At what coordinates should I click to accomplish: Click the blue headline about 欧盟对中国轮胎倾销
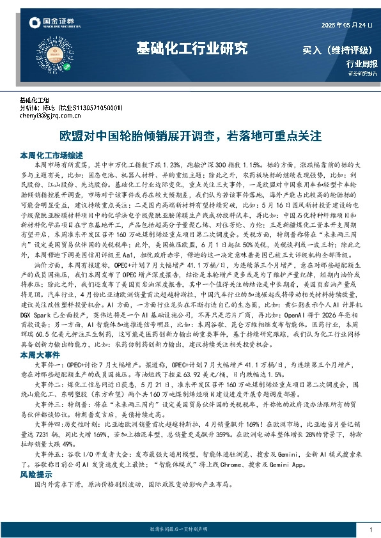click(x=190, y=136)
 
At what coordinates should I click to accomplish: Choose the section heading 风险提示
click(x=35, y=475)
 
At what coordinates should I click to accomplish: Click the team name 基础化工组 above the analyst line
click(x=35, y=101)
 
